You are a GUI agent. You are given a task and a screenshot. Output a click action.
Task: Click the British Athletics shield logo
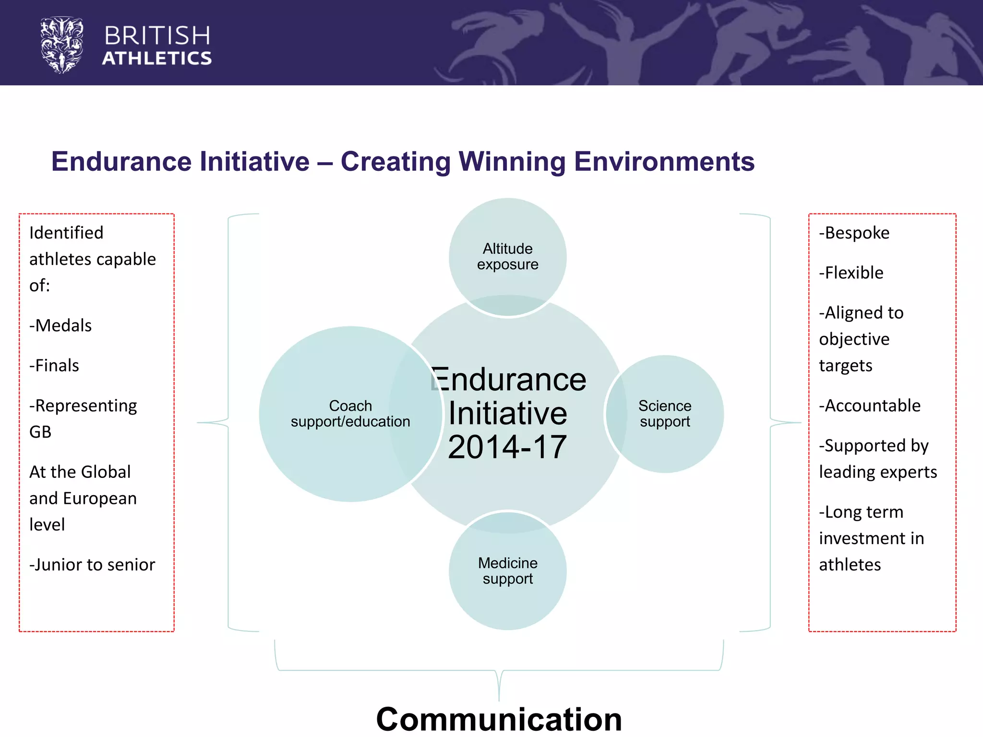click(61, 45)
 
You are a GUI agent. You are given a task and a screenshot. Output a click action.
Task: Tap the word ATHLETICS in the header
click(157, 59)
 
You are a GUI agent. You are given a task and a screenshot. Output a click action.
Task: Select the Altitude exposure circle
click(507, 257)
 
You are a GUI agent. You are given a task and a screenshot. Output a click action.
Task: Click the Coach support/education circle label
click(350, 414)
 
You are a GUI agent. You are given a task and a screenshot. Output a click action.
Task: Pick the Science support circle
click(665, 414)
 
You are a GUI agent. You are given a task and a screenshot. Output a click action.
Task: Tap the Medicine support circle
click(507, 571)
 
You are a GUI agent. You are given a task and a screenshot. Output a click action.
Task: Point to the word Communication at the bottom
click(499, 719)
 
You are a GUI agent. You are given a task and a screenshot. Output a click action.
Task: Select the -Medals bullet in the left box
click(60, 325)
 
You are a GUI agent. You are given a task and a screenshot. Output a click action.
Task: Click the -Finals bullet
click(54, 366)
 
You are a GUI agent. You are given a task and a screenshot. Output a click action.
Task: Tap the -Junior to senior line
click(92, 565)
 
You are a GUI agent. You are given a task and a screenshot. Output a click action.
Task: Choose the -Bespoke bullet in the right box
click(854, 233)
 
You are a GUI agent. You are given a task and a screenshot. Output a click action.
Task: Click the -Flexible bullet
click(851, 273)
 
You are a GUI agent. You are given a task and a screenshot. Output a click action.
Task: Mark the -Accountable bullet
click(870, 405)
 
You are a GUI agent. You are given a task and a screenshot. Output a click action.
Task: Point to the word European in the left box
click(100, 499)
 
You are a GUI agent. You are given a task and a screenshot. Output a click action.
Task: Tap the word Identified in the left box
click(66, 233)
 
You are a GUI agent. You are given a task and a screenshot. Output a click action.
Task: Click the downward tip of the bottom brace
click(499, 699)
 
